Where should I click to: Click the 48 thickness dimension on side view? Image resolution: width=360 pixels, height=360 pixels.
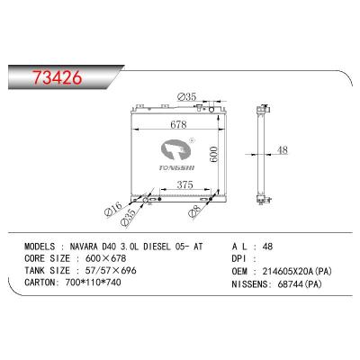282,150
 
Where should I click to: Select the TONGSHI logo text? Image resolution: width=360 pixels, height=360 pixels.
171,166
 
